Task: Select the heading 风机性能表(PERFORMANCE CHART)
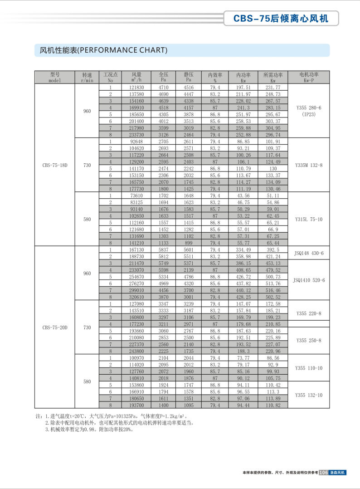[x=101, y=50]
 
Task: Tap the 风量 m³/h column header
[x=136, y=77]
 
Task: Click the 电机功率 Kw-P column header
[x=309, y=77]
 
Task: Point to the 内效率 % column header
[x=215, y=77]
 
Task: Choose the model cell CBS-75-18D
[x=54, y=165]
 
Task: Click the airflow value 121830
[x=136, y=87]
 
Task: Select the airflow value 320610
[x=136, y=297]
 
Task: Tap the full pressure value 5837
[x=163, y=249]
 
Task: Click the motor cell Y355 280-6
[x=308, y=108]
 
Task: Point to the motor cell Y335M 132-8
[x=308, y=165]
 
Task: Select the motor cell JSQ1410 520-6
[x=309, y=280]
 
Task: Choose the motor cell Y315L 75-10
[x=308, y=219]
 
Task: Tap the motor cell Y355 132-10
[x=309, y=395]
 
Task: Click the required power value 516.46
[x=273, y=290]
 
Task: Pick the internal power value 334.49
[x=243, y=249]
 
